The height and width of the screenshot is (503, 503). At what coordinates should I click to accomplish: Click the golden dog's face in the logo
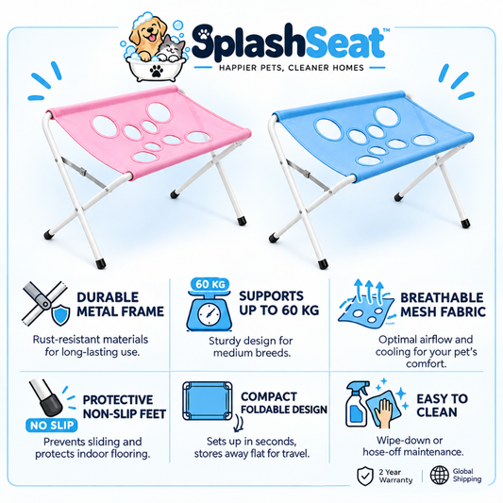[x=149, y=31]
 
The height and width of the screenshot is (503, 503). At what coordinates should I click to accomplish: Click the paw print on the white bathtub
[x=157, y=71]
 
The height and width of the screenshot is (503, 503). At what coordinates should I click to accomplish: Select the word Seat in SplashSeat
[x=345, y=44]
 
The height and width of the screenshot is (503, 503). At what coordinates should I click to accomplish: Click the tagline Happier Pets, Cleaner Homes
[x=292, y=68]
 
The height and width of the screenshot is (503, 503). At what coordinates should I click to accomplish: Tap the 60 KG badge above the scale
[x=210, y=284]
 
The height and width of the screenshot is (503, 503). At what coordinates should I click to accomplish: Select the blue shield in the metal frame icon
[x=61, y=314]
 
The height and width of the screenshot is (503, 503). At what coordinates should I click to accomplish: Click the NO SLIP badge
[x=52, y=426]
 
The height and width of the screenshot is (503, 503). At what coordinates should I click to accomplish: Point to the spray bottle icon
[x=357, y=404]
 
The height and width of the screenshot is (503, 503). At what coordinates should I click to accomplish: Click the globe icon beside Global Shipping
[x=440, y=475]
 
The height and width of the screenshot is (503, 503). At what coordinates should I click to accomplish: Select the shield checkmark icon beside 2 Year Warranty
[x=366, y=476]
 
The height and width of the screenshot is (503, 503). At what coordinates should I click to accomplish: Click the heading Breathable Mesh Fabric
[x=443, y=305]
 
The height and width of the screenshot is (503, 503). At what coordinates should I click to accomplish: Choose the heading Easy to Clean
[x=442, y=405]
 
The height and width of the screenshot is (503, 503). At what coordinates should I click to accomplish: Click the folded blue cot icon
[x=208, y=401]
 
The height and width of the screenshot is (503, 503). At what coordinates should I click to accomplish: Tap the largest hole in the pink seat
[x=159, y=112]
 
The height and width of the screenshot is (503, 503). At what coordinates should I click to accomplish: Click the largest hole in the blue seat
[x=388, y=117]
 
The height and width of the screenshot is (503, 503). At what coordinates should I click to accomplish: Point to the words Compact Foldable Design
[x=284, y=403]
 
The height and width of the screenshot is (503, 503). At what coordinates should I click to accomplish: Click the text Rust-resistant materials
[x=91, y=339]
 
